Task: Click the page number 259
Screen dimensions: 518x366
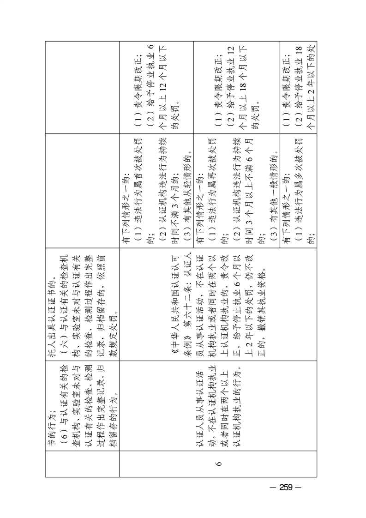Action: click(x=286, y=487)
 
